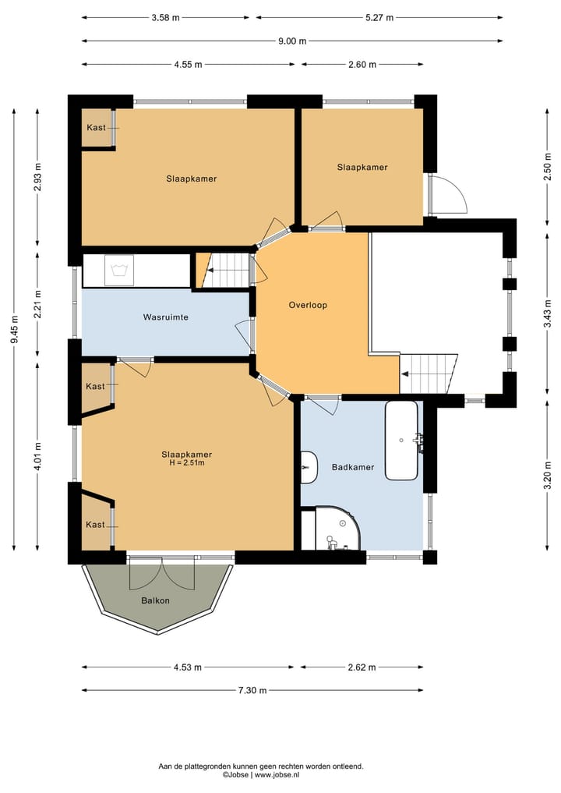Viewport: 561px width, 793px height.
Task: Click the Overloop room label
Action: pos(308,305)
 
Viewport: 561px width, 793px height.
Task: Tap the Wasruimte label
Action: pos(166,317)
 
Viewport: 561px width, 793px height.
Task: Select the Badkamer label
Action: pos(353,467)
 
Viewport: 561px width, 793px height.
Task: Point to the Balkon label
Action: pos(155,601)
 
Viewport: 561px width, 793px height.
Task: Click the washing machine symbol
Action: pos(119,270)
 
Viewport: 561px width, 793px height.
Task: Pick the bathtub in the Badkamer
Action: pos(402,440)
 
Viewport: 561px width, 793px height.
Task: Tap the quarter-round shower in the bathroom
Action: pos(339,527)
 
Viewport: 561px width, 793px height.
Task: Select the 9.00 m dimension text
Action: pos(292,41)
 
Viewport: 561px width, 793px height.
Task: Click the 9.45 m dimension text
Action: pos(15,329)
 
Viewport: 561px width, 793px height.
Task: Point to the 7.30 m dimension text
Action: pos(252,690)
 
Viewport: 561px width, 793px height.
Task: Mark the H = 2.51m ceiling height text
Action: pos(186,462)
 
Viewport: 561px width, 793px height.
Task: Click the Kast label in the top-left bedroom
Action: pos(96,127)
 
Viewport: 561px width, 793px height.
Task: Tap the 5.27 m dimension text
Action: pos(379,18)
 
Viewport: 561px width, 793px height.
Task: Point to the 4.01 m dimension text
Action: pos(38,456)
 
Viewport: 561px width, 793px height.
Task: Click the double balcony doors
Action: pos(162,574)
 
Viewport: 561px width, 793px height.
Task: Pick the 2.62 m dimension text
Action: pos(362,667)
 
